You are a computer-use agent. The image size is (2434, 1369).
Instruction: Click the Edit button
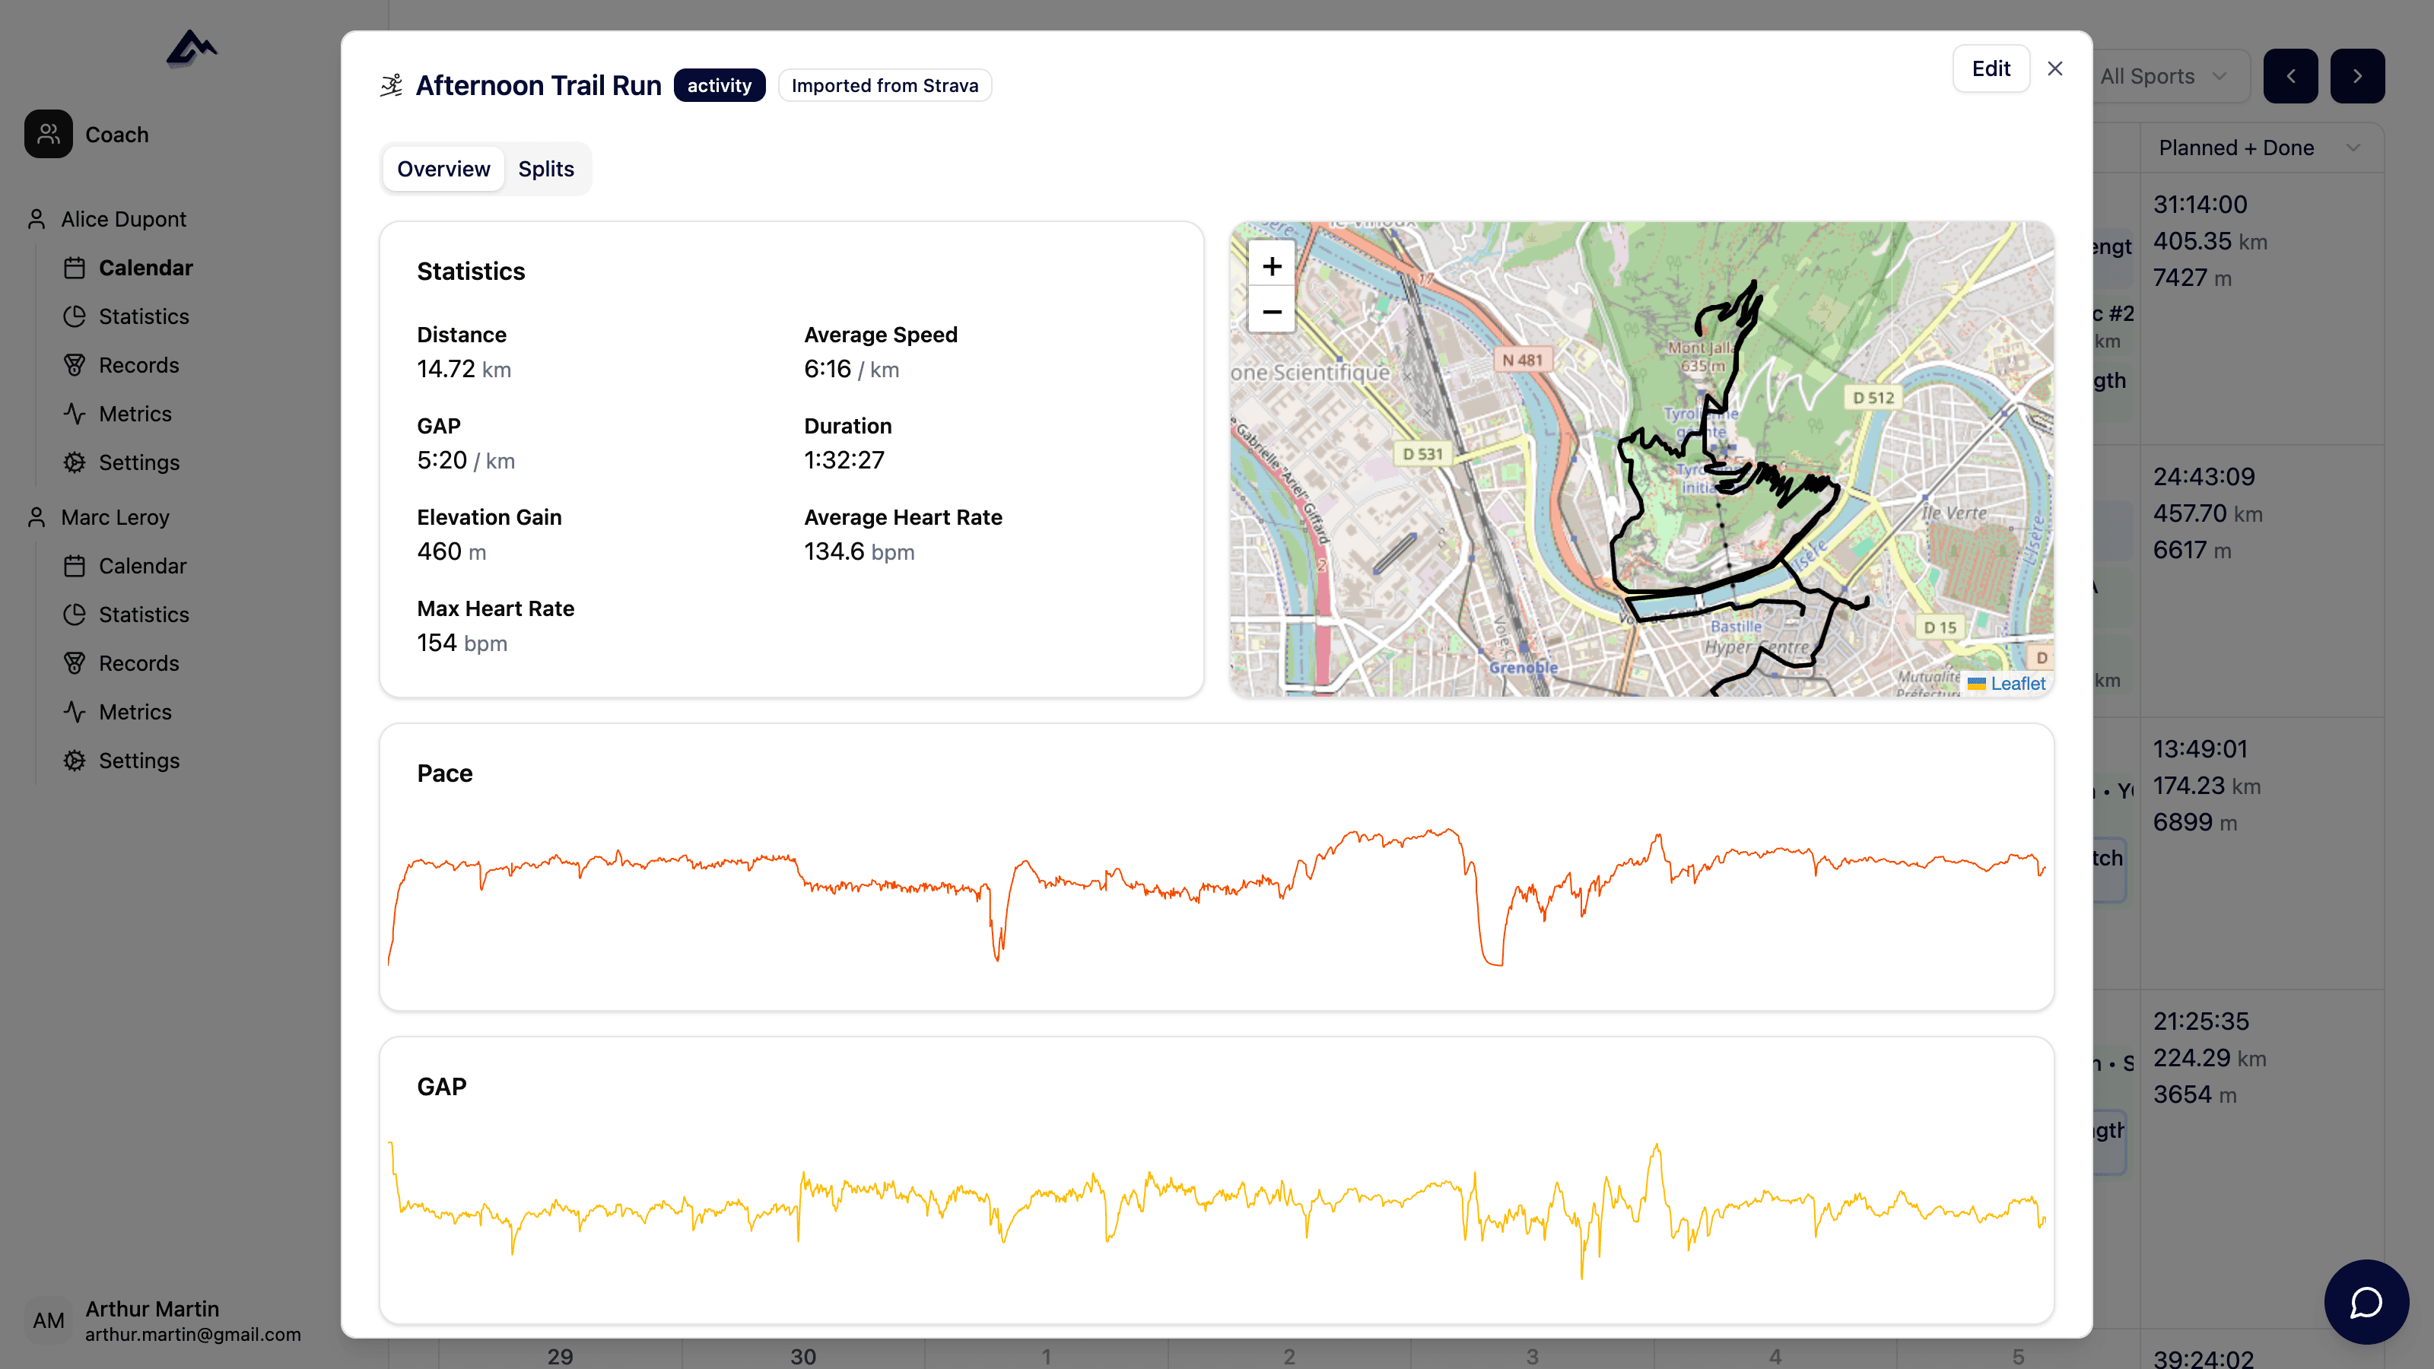(1990, 69)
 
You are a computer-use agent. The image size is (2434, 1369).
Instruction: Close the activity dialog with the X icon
(2054, 69)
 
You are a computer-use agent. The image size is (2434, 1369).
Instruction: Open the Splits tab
(545, 169)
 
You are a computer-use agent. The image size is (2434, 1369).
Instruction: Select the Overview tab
(443, 169)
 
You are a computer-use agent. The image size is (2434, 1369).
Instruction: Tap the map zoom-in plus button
(1271, 266)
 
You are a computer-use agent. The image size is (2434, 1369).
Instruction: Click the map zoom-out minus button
(1271, 312)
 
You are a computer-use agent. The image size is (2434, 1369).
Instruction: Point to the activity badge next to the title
(719, 86)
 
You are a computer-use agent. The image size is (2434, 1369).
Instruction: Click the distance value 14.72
(446, 370)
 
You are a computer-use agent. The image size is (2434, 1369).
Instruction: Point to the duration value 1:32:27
(844, 460)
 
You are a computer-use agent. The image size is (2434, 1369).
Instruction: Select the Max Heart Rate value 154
(437, 643)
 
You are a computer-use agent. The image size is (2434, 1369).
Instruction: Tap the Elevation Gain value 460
(440, 551)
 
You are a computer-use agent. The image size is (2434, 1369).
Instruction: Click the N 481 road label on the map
(1521, 360)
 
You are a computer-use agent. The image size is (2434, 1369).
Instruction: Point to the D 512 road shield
(1873, 398)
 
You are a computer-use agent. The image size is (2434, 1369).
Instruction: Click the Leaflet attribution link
(2016, 683)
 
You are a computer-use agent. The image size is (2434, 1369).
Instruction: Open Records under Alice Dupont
(139, 366)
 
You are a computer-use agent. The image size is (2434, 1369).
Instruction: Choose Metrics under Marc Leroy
(135, 713)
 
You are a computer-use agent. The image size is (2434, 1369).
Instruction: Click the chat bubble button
(2365, 1302)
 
